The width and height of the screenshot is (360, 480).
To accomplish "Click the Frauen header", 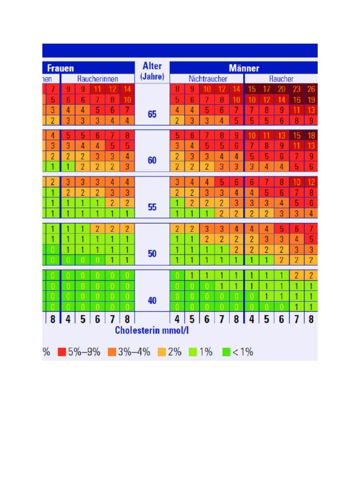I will [x=60, y=68].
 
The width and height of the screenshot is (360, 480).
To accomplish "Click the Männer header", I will [x=244, y=68].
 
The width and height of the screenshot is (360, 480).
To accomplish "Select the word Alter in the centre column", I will [x=152, y=66].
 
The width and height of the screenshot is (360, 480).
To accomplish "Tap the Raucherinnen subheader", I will [x=98, y=79].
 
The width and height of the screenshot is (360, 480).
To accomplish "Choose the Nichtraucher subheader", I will [x=208, y=79].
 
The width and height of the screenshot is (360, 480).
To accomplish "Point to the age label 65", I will [x=152, y=114].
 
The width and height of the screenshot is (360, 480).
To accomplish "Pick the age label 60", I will [x=152, y=160].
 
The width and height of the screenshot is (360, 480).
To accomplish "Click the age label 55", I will [x=152, y=207].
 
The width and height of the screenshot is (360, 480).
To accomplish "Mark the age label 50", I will [x=152, y=254].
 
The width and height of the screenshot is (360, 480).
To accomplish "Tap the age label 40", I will [x=152, y=300].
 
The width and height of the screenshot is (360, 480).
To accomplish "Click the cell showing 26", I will [x=311, y=89].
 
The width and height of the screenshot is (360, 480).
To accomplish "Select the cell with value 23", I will [x=297, y=89].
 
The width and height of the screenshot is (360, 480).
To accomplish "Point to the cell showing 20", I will [x=282, y=89].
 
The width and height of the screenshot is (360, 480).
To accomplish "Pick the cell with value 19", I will [x=311, y=99].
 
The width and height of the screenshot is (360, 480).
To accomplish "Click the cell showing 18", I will [x=311, y=135].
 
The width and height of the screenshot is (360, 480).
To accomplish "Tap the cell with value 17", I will [x=267, y=89].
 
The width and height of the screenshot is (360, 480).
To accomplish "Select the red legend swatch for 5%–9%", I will [x=61, y=352].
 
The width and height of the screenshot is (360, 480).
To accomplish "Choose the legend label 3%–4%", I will [x=134, y=352].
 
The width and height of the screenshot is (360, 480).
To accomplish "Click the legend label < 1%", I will [x=242, y=352].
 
